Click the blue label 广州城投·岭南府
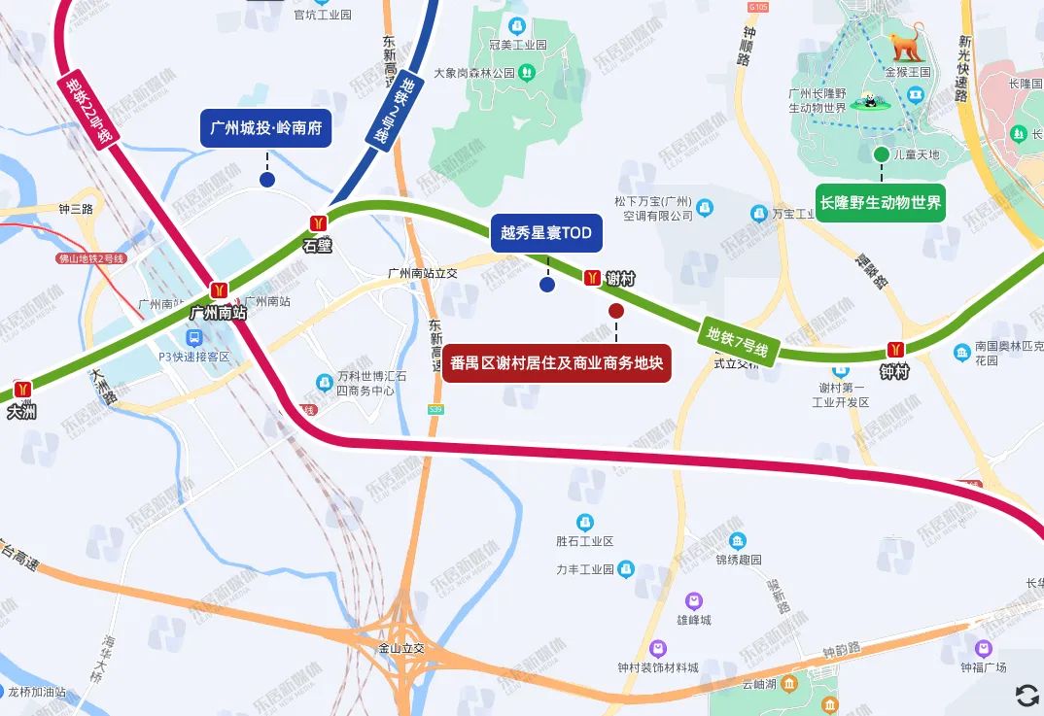[x=266, y=128]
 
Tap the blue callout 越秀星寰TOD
[x=546, y=233]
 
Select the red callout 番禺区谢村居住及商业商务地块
[x=557, y=364]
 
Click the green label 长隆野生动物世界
[x=881, y=203]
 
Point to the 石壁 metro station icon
[x=317, y=223]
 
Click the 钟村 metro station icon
[x=894, y=350]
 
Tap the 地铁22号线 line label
[x=88, y=112]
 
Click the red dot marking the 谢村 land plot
[x=616, y=311]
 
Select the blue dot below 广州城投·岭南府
[x=266, y=179]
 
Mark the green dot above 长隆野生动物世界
[x=881, y=154]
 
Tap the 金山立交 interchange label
[x=401, y=646]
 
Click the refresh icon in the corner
[x=1027, y=695]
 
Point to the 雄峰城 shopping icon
[x=694, y=601]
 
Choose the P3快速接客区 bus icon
[x=194, y=338]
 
